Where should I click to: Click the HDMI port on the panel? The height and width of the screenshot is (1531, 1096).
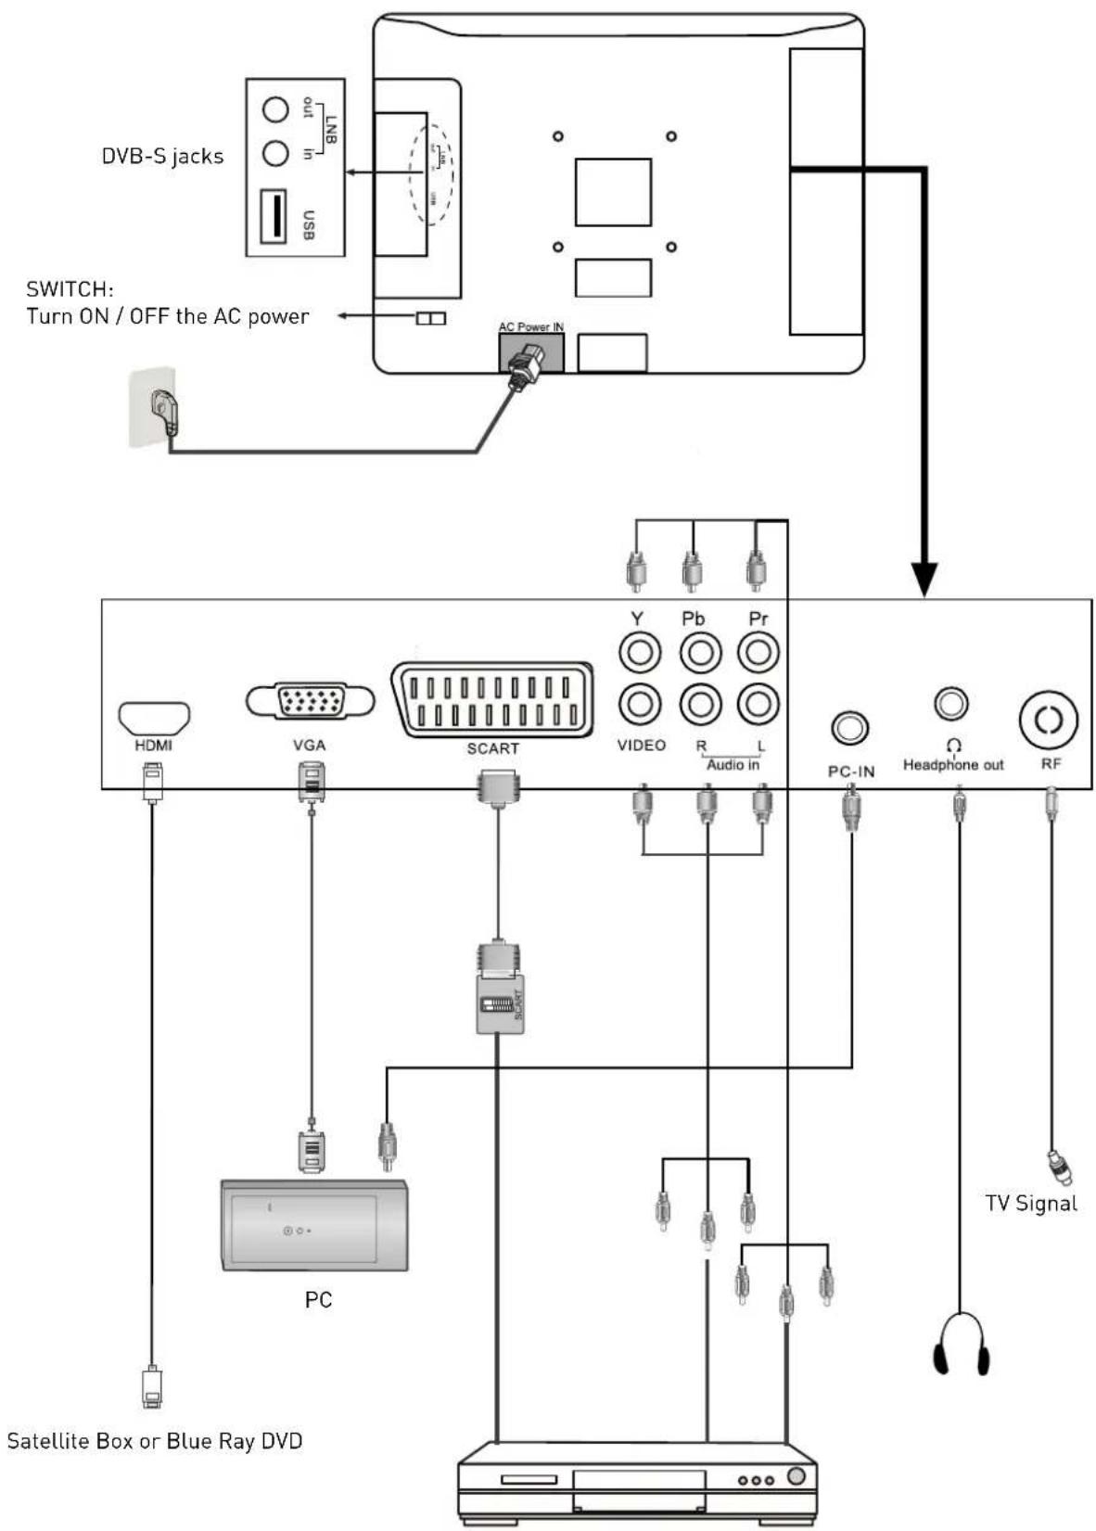(x=154, y=718)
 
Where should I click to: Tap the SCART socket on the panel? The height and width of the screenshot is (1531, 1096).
(x=492, y=700)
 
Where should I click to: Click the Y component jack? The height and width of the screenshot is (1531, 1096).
(x=639, y=652)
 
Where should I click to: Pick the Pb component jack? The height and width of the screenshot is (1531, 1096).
(x=700, y=652)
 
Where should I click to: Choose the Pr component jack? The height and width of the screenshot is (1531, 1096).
(x=758, y=652)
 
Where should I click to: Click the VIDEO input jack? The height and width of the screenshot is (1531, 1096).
(x=639, y=704)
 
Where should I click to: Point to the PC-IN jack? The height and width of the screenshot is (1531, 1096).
(x=850, y=728)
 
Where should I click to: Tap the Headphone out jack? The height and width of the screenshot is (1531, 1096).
(x=951, y=704)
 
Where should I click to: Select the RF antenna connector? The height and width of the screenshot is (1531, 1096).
(x=1049, y=721)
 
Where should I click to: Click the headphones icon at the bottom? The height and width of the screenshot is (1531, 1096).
(x=961, y=1344)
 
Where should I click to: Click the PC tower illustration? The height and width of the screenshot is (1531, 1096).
(x=314, y=1225)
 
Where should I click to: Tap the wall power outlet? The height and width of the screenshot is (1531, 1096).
(x=153, y=407)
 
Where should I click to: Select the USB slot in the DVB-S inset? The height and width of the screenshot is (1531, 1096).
(x=273, y=216)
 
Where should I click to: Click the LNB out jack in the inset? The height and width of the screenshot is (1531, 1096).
(x=275, y=109)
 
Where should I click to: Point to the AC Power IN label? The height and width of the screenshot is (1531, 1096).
(x=530, y=326)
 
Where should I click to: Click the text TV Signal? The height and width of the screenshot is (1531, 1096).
(x=1030, y=1204)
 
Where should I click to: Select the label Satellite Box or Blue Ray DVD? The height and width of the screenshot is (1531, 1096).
(x=155, y=1441)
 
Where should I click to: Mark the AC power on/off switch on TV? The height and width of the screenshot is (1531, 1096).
(x=431, y=318)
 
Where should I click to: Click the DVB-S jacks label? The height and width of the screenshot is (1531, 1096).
(x=162, y=156)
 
